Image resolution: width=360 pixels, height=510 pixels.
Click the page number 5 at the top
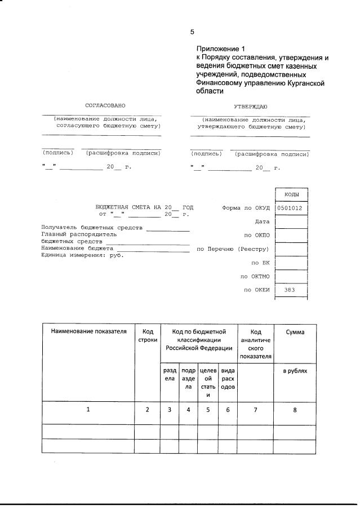coord(192,32)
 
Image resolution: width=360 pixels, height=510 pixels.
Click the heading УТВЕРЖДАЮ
coord(250,106)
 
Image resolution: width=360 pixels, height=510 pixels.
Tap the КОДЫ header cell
coord(291,194)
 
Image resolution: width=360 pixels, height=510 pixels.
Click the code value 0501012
coord(291,208)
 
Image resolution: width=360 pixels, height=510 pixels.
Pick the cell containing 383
coord(291,290)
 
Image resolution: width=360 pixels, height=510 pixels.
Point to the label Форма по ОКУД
coord(246,208)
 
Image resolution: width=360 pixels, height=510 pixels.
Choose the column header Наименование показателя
coord(88,332)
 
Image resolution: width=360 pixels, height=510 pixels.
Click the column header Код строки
coord(147,336)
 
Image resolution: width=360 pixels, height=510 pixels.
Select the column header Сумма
coord(295,332)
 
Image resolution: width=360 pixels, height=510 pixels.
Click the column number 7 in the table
coord(255,410)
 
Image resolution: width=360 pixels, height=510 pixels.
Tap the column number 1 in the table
coord(88,410)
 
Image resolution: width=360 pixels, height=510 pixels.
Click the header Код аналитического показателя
coord(255,344)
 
